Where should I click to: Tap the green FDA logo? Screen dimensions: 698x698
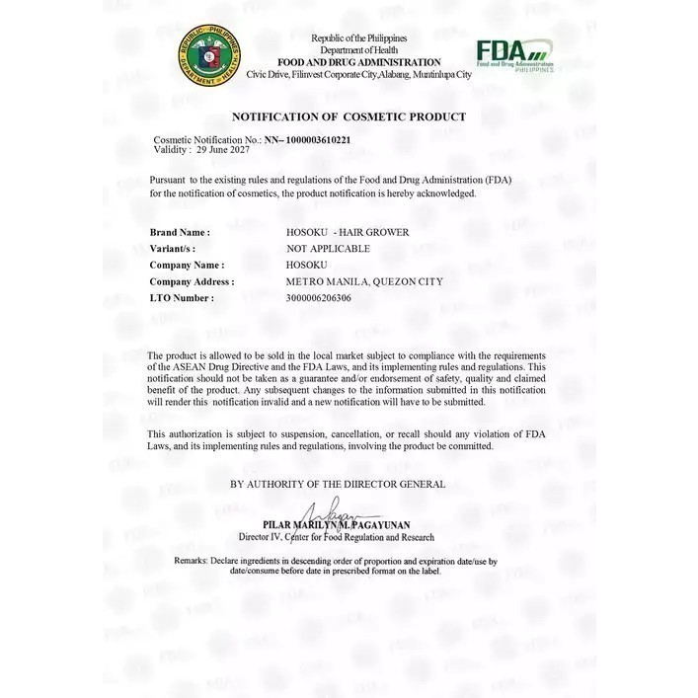(513, 54)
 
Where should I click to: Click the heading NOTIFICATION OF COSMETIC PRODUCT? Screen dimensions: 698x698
(349, 116)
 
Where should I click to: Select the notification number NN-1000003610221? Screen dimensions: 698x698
(307, 140)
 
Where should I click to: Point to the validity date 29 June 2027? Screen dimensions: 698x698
(222, 150)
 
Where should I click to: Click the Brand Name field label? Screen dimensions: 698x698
(180, 232)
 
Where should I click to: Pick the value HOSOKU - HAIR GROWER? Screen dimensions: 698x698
(347, 232)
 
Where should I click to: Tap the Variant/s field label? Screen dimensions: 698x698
(173, 249)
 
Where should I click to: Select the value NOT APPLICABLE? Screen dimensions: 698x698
(328, 249)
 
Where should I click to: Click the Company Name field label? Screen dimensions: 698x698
(187, 265)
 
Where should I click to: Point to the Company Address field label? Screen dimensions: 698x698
(192, 281)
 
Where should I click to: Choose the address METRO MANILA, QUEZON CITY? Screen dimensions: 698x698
(363, 281)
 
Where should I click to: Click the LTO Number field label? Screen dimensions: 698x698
(182, 297)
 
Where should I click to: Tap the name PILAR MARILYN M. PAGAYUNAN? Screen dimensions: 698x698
(337, 525)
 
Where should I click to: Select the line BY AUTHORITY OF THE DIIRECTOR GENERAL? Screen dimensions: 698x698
(338, 484)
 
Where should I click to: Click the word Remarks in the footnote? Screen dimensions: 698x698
(191, 561)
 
